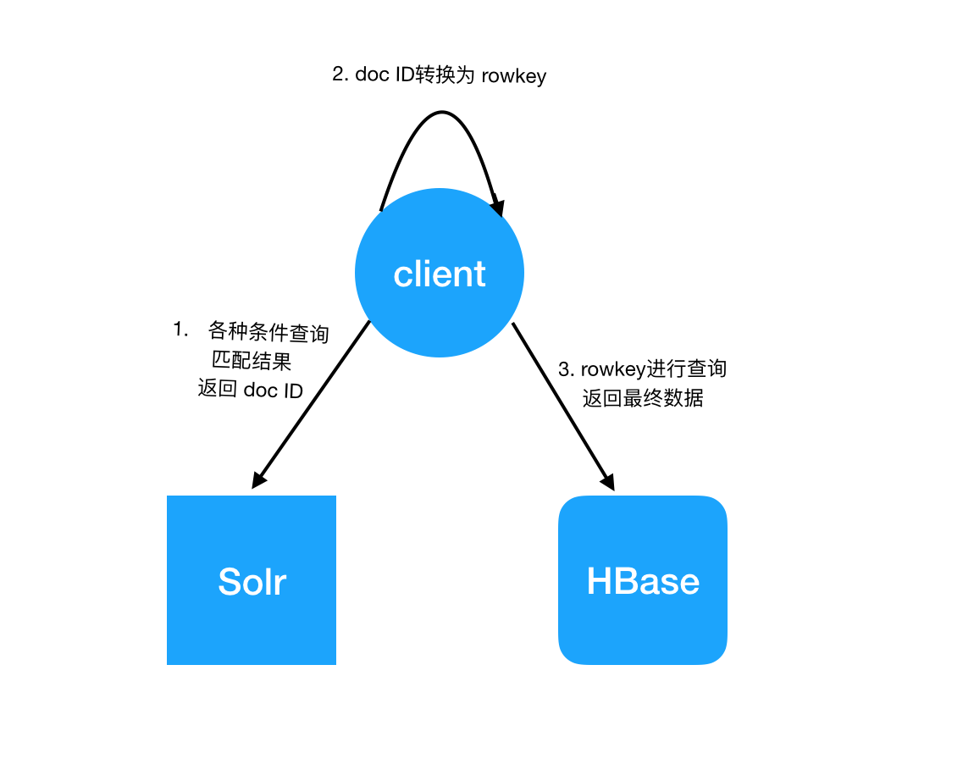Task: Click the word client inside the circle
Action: pos(440,274)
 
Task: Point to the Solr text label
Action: pos(252,581)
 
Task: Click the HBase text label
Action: pos(643,581)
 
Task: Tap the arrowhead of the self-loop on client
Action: pos(498,206)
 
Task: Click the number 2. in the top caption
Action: pos(340,75)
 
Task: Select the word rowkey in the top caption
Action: pos(514,75)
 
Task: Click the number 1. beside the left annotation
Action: pos(180,330)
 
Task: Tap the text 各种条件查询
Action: pos(268,333)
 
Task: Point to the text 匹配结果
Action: pos(252,361)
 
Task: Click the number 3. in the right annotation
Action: pos(566,369)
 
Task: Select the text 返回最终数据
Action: pos(643,397)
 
